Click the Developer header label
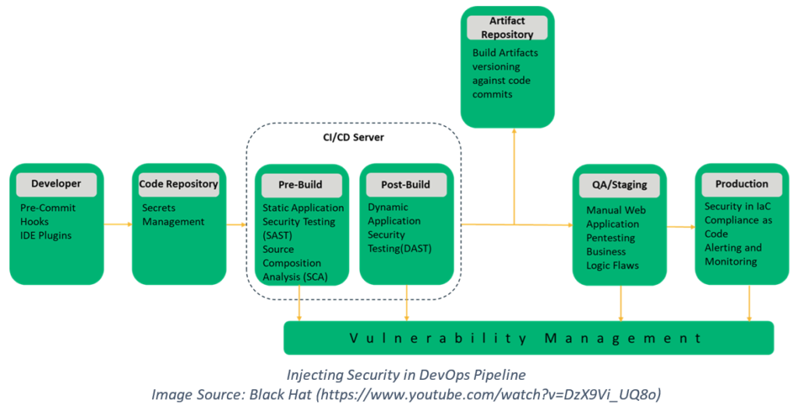pyautogui.click(x=56, y=184)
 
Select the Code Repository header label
pyautogui.click(x=178, y=184)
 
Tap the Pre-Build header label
pyautogui.click(x=300, y=185)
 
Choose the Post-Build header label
pyautogui.click(x=405, y=185)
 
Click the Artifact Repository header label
pyautogui.click(x=507, y=27)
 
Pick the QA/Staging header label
pyautogui.click(x=620, y=185)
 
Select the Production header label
pyautogui.click(x=742, y=184)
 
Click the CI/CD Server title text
pyautogui.click(x=354, y=137)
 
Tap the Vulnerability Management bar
pyautogui.click(x=529, y=338)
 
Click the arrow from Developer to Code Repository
pyautogui.click(x=118, y=224)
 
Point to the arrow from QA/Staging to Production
pyautogui.click(x=681, y=227)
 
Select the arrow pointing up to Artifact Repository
pyautogui.click(x=514, y=177)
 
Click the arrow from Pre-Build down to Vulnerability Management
pyautogui.click(x=299, y=303)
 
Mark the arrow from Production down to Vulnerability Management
pyautogui.click(x=749, y=303)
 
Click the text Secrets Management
pyautogui.click(x=173, y=215)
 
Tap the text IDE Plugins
pyautogui.click(x=46, y=236)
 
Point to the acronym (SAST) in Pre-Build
pyautogui.click(x=277, y=236)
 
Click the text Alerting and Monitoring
pyautogui.click(x=733, y=255)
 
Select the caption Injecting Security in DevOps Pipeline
pyautogui.click(x=406, y=375)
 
